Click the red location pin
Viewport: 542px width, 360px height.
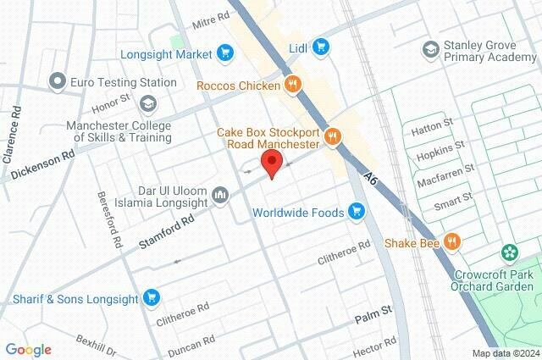point(271,163)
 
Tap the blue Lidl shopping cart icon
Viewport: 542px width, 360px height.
point(320,47)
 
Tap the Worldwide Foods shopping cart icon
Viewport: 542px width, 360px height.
point(358,211)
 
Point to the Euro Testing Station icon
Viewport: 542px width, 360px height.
point(58,82)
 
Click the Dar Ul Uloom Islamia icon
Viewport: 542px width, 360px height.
point(220,196)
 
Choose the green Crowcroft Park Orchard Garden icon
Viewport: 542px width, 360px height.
point(509,253)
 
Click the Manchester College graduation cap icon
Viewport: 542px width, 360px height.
point(149,104)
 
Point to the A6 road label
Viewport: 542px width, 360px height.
point(370,177)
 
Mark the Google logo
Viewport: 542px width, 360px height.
point(28,350)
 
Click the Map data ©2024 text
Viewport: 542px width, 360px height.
point(506,353)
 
